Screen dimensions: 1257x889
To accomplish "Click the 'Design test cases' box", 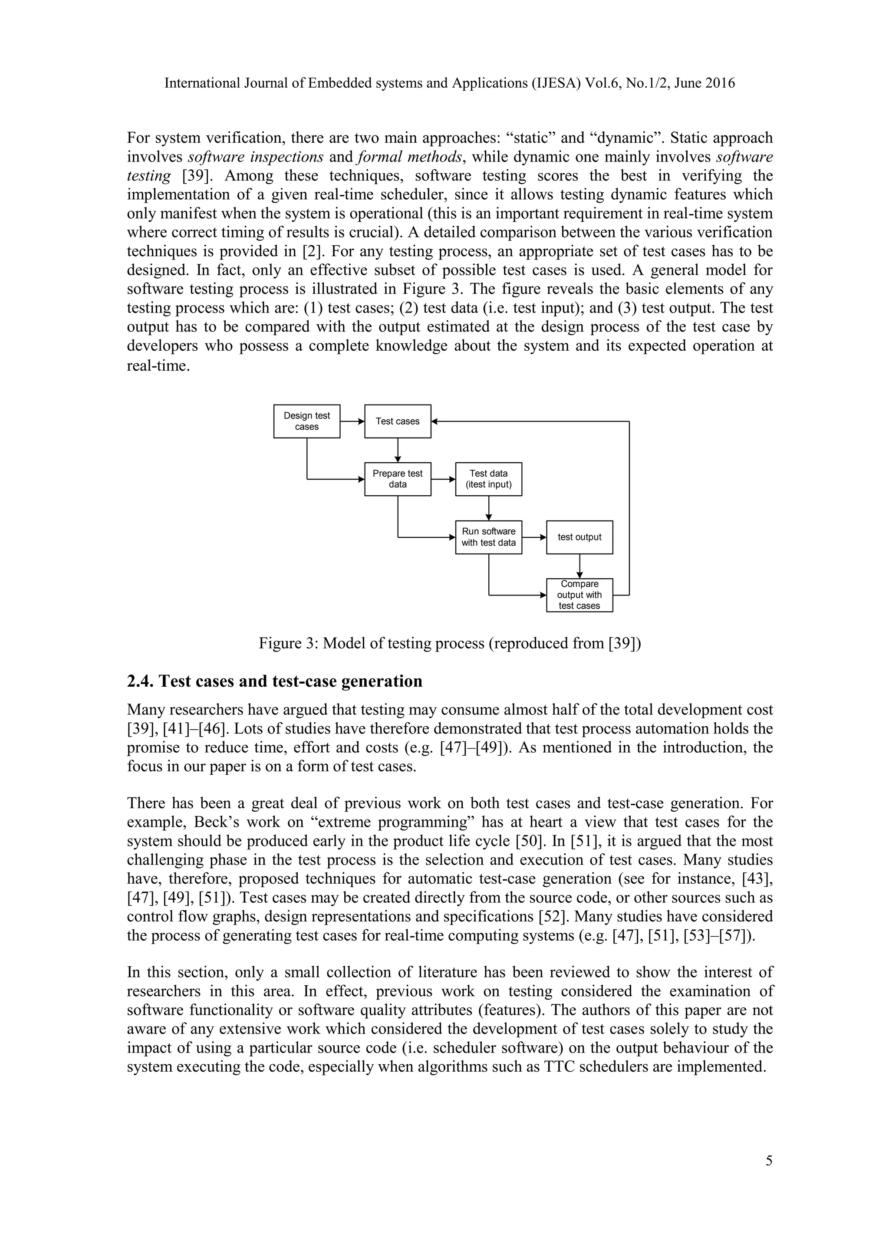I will pos(306,421).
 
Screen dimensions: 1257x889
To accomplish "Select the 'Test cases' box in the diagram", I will pos(398,421).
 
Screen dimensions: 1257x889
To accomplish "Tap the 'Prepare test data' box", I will pos(398,479).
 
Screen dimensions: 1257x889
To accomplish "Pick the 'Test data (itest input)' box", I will pos(488,479).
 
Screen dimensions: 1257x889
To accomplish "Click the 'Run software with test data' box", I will pos(488,537).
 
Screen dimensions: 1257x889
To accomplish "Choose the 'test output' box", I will pos(579,537).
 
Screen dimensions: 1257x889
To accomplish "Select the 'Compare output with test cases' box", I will pos(579,595).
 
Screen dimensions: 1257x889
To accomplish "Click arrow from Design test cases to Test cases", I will pos(352,421).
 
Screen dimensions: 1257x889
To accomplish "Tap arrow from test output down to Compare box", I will pos(579,566).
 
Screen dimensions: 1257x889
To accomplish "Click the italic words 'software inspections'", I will pos(256,157).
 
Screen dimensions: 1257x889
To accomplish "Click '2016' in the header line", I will pos(719,83).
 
